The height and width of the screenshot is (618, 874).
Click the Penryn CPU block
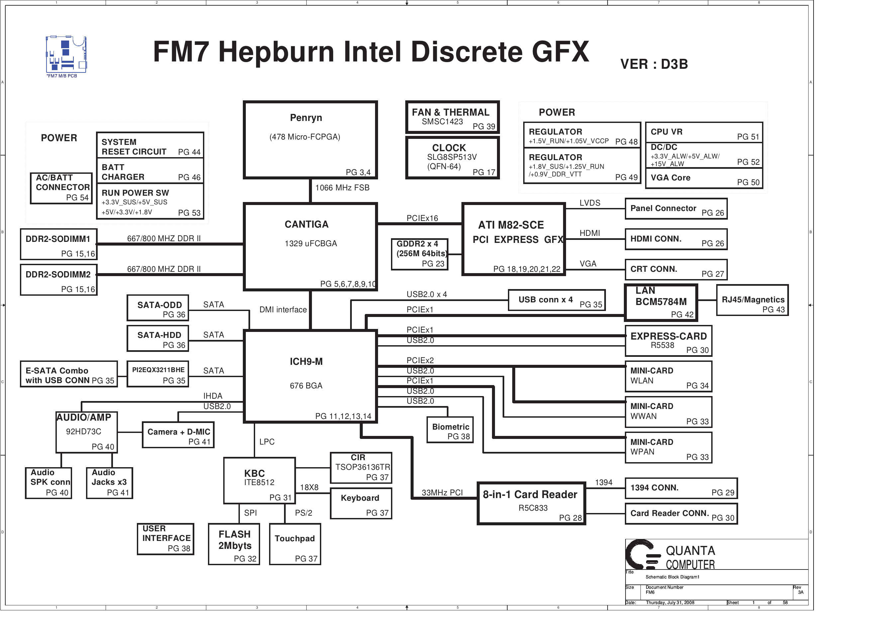click(x=310, y=140)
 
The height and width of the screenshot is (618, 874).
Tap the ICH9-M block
click(x=310, y=376)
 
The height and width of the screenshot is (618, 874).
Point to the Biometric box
click(x=450, y=430)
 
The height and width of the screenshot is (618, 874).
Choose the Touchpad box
click(x=295, y=544)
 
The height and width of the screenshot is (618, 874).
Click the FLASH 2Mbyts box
click(x=234, y=544)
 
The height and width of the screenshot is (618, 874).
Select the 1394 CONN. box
click(x=681, y=488)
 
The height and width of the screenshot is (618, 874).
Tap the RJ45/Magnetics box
click(x=752, y=300)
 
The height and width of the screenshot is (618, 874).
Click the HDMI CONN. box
click(x=676, y=239)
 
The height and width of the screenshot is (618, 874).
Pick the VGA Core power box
click(x=704, y=178)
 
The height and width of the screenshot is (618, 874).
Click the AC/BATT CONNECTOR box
click(x=61, y=188)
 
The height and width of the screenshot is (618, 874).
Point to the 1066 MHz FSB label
click(x=342, y=188)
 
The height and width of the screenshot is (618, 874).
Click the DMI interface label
click(x=283, y=310)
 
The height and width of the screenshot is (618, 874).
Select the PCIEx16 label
click(x=422, y=218)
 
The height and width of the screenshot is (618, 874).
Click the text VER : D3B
click(x=654, y=64)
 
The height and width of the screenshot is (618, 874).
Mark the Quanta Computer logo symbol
click(x=643, y=555)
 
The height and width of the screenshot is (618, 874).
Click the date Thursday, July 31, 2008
click(x=670, y=602)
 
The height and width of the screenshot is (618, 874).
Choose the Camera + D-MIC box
click(x=178, y=435)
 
